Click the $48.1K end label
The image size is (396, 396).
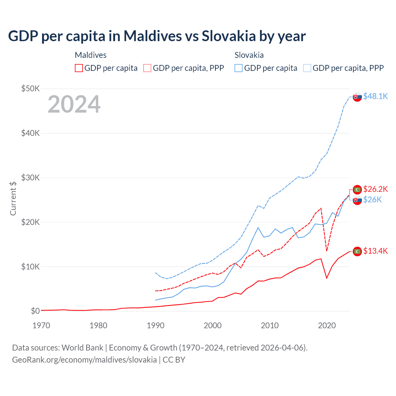tap(375, 97)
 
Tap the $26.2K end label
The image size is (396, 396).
tap(375, 189)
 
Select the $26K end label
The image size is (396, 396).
tap(372, 200)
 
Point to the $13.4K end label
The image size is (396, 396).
tap(375, 251)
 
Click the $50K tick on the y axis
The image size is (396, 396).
tap(30, 89)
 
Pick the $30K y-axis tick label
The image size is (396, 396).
tap(30, 178)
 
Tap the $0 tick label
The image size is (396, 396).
tap(35, 311)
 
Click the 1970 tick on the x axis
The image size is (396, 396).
tap(41, 325)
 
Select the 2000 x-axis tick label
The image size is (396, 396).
tap(213, 325)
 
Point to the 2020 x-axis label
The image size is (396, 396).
tap(327, 325)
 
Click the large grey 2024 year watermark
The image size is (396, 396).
tap(74, 105)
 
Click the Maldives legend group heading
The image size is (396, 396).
tap(91, 55)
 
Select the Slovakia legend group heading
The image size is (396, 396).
tap(249, 55)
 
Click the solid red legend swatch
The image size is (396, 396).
tap(79, 68)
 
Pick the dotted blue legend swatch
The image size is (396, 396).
tap(307, 68)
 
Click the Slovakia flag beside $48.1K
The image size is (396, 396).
tap(357, 97)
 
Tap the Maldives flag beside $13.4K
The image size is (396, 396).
tap(357, 251)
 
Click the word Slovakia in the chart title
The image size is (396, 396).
tap(229, 36)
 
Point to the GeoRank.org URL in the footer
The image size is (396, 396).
tap(84, 360)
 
